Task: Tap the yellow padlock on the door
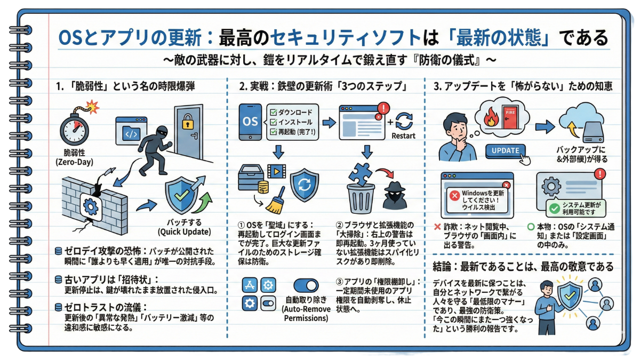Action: point(187,124)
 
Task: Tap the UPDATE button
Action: point(505,150)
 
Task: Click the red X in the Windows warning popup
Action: point(455,195)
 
